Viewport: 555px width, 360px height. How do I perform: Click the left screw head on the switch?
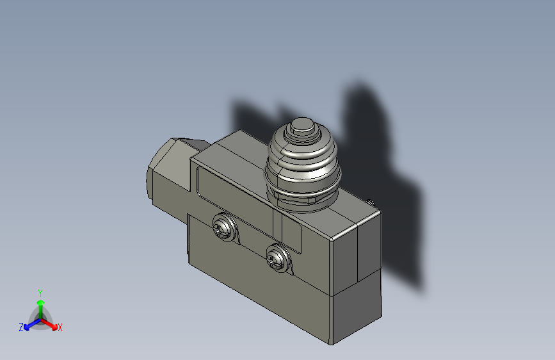click(x=223, y=227)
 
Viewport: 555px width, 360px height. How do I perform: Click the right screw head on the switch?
click(x=278, y=258)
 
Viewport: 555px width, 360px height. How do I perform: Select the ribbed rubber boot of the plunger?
click(x=301, y=160)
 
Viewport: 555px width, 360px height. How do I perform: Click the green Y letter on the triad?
click(x=40, y=292)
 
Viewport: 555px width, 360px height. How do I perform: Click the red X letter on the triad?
click(x=60, y=327)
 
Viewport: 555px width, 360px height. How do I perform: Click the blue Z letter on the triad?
click(x=21, y=327)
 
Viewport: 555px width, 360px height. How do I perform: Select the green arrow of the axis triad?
click(x=40, y=304)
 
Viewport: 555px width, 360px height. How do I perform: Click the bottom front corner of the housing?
click(x=332, y=343)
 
